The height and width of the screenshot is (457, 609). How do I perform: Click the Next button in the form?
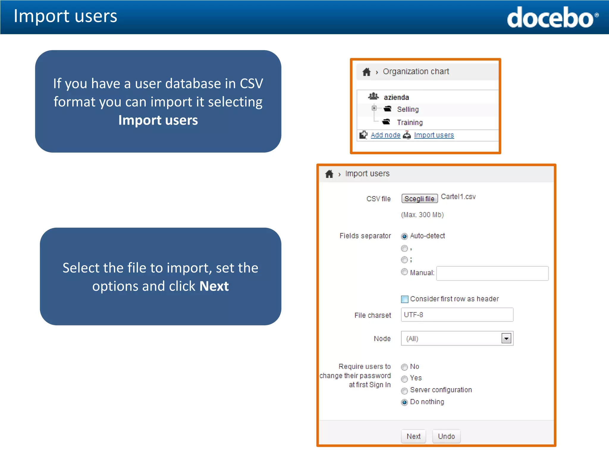click(x=413, y=436)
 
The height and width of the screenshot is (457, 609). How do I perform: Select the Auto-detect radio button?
click(x=404, y=237)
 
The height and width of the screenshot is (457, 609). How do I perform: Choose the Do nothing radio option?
click(x=404, y=403)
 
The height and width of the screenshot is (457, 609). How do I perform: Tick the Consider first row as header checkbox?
click(x=405, y=299)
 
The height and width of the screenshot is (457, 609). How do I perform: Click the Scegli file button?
click(x=420, y=198)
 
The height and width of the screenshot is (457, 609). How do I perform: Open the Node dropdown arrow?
click(x=506, y=338)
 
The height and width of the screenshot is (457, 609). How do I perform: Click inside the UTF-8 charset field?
click(x=457, y=315)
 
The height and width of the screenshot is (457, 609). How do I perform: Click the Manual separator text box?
click(x=492, y=273)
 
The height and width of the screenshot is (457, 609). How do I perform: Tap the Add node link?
click(x=385, y=135)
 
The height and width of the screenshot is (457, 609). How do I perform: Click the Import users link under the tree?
click(x=434, y=135)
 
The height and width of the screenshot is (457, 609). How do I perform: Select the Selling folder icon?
click(x=387, y=109)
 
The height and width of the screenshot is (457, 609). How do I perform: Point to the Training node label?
click(x=410, y=123)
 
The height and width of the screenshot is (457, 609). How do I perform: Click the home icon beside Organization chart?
click(x=367, y=72)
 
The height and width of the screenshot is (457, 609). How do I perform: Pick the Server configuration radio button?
click(x=404, y=391)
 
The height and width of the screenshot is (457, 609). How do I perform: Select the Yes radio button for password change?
click(x=404, y=379)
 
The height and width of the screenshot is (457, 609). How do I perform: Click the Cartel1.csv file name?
click(x=458, y=197)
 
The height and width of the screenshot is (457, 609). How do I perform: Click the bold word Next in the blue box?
click(x=214, y=286)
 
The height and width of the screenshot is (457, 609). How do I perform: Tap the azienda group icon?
click(x=373, y=96)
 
